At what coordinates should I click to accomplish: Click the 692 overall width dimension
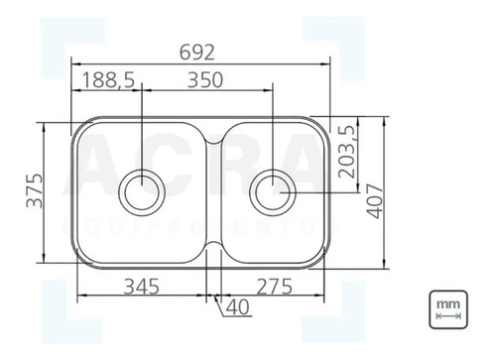(197, 53)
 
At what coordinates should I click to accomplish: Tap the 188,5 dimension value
(108, 80)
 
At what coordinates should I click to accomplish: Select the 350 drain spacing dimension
(205, 80)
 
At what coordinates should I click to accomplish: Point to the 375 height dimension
(35, 190)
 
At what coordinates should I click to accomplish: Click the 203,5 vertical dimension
(346, 152)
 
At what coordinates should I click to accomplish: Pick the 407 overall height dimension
(375, 201)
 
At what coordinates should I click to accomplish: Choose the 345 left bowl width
(142, 287)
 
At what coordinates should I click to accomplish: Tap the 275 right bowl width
(275, 287)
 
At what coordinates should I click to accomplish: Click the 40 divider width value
(238, 307)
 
